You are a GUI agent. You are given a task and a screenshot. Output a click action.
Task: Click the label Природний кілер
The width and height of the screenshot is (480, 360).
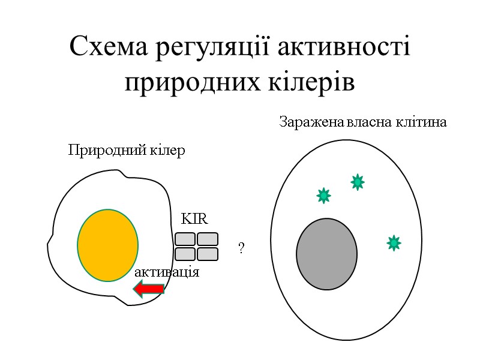(127, 150)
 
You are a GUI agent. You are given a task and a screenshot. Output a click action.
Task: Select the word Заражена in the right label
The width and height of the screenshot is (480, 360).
(311, 123)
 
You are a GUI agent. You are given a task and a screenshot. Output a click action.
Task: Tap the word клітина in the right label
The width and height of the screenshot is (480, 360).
(421, 123)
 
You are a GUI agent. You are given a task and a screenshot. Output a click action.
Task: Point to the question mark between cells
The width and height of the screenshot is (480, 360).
(241, 248)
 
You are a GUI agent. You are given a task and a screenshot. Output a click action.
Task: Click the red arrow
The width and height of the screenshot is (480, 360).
(149, 290)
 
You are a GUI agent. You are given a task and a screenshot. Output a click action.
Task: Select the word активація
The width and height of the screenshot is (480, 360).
(167, 272)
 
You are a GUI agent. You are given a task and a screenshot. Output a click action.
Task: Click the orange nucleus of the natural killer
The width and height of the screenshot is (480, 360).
(107, 245)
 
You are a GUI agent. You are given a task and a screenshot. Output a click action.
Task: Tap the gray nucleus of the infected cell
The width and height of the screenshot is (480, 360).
(326, 254)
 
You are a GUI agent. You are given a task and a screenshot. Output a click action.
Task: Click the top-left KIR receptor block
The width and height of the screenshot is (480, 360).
(185, 239)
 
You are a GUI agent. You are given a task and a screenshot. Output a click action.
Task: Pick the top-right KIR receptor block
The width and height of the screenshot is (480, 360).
(208, 239)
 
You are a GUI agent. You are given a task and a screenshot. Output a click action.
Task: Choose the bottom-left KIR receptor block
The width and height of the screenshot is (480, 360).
(185, 254)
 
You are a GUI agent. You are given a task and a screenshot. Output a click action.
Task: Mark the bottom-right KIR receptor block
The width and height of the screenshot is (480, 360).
(208, 254)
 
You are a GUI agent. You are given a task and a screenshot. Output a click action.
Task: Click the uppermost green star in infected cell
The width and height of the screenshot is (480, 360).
(358, 182)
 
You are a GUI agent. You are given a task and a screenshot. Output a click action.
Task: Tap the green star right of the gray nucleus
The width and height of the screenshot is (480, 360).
(394, 242)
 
